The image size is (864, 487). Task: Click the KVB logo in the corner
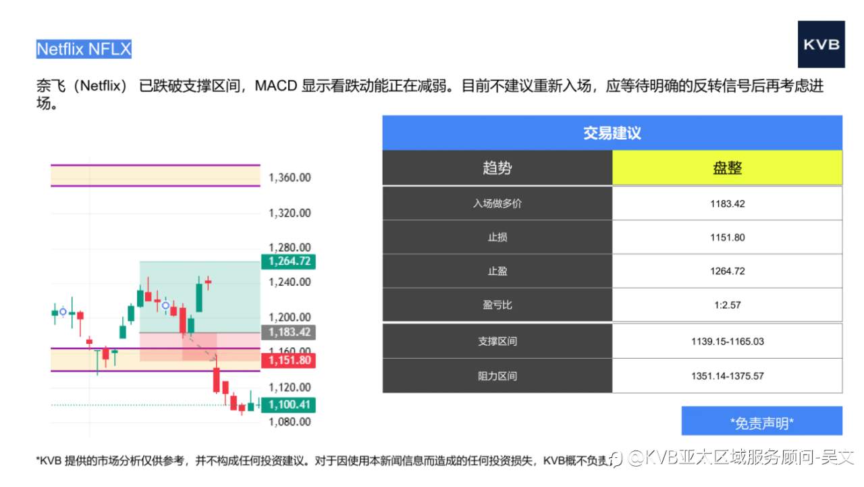[821, 45]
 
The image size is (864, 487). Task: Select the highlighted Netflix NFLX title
[84, 49]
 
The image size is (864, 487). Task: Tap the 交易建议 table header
[612, 133]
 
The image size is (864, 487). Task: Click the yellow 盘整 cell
[727, 168]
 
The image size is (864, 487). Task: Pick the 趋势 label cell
[497, 168]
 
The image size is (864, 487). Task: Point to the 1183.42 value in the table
[727, 203]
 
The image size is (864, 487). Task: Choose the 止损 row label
[497, 237]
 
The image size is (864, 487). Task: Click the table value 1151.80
[727, 237]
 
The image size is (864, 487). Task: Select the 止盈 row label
[497, 271]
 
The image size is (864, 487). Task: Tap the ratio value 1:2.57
[727, 305]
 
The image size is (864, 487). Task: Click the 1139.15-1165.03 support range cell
[727, 341]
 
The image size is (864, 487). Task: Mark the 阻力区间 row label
[497, 376]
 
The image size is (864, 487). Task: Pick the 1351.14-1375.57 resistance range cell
[727, 376]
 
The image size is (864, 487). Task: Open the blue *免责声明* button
[761, 423]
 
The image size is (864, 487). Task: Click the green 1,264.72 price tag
[289, 261]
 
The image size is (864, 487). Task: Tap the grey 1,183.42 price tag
[289, 332]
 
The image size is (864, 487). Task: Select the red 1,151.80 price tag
[289, 360]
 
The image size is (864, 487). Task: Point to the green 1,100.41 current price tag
[289, 405]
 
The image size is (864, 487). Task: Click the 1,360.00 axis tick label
[290, 178]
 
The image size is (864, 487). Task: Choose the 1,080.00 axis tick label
[290, 422]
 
